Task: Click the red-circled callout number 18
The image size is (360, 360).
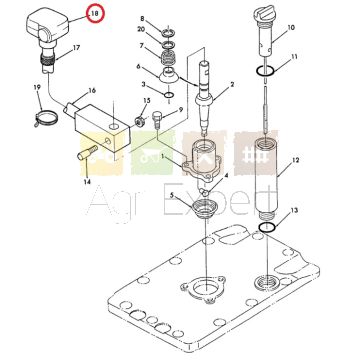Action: pos(95,14)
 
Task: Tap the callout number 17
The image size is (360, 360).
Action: pos(76,48)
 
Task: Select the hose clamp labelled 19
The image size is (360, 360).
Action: pos(47,117)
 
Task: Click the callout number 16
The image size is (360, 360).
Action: pos(92,91)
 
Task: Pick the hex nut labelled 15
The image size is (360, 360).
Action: pos(139,121)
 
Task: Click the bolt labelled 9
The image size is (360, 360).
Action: pos(157,121)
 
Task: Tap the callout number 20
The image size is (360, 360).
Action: pos(141,29)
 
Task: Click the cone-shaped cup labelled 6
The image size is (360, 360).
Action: pos(170,75)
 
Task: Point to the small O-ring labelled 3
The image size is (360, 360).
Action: pos(169,96)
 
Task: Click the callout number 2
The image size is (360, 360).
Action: pos(232,84)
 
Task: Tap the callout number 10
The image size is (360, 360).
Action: pos(291,27)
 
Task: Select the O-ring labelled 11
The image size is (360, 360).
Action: pos(265,71)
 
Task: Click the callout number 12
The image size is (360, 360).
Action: pos(295,160)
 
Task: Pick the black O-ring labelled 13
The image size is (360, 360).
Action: pos(267,228)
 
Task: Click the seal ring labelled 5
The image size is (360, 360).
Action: pos(203,211)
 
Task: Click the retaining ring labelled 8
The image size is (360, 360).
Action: pos(168,33)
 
